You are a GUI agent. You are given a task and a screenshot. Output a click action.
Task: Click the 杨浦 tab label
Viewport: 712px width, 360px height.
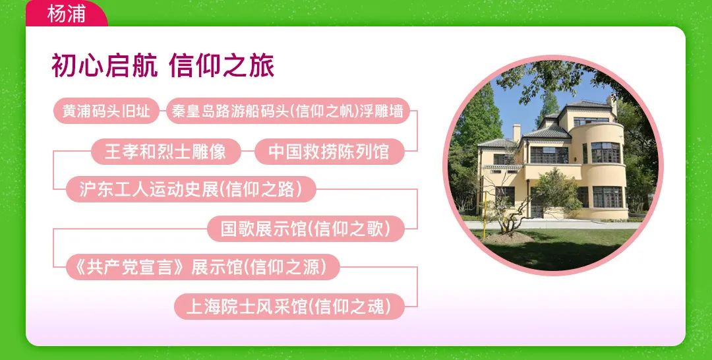67,14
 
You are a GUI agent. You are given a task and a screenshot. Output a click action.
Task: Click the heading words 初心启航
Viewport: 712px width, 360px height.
105,67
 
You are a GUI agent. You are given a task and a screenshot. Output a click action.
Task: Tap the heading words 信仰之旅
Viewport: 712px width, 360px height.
222,67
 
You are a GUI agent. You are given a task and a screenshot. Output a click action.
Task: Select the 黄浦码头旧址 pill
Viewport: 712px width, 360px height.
106,111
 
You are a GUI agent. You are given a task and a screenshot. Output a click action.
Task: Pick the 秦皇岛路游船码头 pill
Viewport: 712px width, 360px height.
288,111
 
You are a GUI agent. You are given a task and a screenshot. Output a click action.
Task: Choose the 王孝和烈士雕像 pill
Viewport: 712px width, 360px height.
165,151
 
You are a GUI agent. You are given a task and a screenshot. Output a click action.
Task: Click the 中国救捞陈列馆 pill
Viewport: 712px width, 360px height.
329,151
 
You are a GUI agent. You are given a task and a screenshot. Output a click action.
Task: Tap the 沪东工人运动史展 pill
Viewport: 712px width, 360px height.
191,189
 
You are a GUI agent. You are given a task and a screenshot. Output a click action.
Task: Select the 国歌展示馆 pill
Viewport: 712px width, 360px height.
306,228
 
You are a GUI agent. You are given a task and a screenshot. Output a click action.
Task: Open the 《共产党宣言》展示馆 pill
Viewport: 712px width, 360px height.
202,267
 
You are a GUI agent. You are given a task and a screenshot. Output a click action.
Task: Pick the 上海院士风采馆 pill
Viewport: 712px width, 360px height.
289,307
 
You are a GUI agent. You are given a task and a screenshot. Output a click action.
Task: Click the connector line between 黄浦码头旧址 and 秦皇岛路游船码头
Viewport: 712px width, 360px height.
163,111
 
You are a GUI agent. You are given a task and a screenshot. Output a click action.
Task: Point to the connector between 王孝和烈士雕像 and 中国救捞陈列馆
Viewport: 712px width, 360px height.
247,151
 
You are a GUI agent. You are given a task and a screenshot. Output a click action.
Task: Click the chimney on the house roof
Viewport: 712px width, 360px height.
517,133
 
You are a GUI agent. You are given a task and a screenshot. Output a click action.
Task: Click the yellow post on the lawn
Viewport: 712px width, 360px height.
485,215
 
